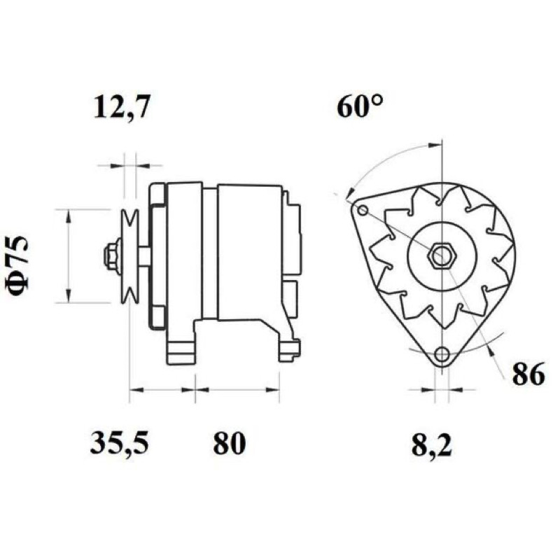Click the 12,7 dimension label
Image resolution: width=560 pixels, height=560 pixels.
coord(120,106)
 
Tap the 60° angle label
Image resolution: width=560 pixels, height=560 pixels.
coord(360,106)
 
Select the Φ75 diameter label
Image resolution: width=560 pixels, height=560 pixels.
coord(17,266)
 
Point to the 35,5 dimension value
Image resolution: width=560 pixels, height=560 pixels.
coord(119,443)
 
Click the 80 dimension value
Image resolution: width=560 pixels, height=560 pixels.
coord(230,442)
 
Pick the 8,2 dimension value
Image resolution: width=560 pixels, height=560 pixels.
coord(432,445)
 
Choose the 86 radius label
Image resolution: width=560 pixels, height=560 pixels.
coord(528,374)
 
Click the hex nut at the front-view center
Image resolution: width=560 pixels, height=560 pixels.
coord(442,255)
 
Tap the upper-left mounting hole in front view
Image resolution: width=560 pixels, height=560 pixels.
coord(363,210)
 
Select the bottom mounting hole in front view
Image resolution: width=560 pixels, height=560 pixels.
coord(442,353)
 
